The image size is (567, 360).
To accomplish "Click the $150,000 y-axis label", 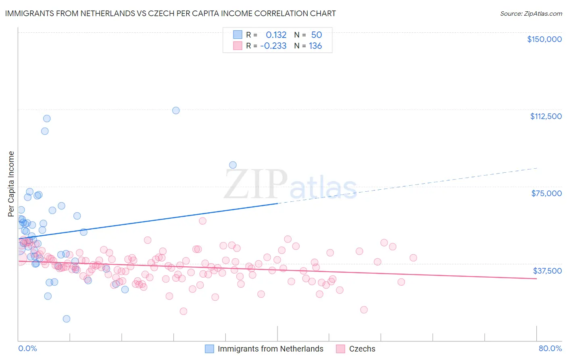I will (544, 39).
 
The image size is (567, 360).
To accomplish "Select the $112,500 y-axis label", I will (546, 116).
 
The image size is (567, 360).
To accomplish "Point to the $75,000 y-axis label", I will (546, 193).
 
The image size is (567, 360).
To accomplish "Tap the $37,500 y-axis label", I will (547, 271).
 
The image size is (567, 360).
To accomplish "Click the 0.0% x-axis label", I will (27, 348).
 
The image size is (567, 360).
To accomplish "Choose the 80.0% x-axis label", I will (550, 348).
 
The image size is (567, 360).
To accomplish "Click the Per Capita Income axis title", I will (11, 184).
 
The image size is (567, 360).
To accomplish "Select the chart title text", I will (170, 13).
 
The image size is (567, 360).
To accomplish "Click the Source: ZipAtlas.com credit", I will (531, 14).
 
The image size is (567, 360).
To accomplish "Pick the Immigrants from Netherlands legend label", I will (270, 349).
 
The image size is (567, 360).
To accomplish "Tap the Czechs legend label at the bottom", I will (362, 349).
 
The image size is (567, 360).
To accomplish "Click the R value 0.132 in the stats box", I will (276, 35).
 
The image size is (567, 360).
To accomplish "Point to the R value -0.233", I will (273, 46).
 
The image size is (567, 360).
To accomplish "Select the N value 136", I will (315, 46).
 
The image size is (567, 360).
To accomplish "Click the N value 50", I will (316, 35).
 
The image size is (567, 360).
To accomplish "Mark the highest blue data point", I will (176, 110).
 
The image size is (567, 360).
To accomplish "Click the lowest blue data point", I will (67, 319).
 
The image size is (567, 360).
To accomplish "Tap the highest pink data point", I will (202, 221).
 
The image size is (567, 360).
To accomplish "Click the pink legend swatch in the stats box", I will (238, 46).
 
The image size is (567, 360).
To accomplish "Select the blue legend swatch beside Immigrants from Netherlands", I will (209, 349).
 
